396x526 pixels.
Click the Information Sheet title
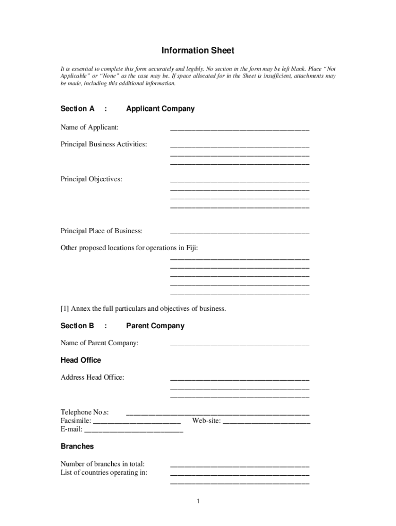point(197,50)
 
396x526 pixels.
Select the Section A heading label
point(78,109)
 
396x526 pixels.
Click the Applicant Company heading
point(160,109)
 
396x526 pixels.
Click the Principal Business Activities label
point(103,144)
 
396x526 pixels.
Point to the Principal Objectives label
point(92,179)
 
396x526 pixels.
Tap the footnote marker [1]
point(65,309)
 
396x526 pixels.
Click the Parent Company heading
point(155,326)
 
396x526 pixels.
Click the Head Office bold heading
point(81,360)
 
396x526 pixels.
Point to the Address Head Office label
point(93,378)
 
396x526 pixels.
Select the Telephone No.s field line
point(218,414)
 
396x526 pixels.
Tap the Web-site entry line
point(266,423)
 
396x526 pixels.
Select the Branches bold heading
point(77,446)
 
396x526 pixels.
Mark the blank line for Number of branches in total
point(240,466)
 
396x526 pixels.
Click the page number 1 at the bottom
point(197,501)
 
